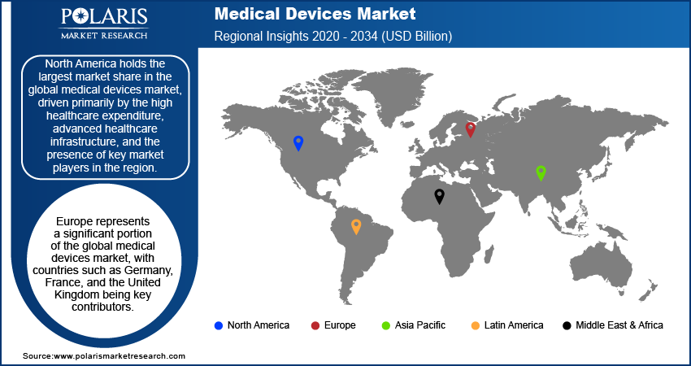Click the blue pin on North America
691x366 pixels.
click(298, 143)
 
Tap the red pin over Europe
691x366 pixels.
click(470, 129)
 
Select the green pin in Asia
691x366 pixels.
click(541, 172)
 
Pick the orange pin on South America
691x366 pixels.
click(356, 226)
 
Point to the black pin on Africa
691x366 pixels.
click(440, 195)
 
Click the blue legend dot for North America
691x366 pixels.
click(218, 325)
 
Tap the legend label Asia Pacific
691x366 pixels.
click(419, 325)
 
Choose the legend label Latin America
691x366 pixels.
click(513, 325)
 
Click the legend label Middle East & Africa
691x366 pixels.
click(619, 325)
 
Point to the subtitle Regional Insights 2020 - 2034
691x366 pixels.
click(332, 37)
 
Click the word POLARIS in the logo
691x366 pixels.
click(103, 18)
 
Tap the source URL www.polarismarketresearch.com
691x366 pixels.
click(119, 356)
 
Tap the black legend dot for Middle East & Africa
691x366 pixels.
click(566, 325)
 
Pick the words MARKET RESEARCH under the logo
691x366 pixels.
click(103, 35)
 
